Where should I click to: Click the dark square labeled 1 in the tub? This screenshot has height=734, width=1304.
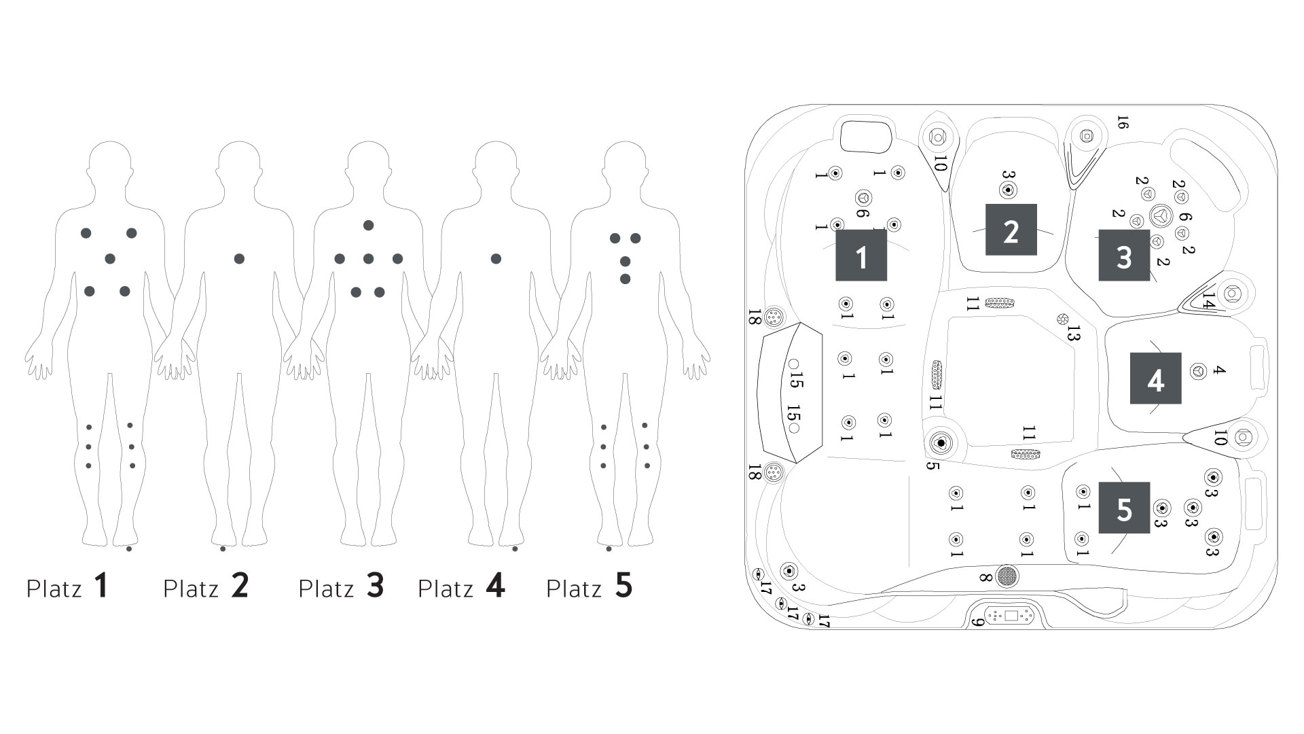861,255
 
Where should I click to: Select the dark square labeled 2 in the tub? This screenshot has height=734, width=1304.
1011,230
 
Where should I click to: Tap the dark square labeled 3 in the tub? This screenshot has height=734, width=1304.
1124,256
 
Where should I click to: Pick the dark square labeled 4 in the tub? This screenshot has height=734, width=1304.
1155,378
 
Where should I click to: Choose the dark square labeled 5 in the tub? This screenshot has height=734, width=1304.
1124,508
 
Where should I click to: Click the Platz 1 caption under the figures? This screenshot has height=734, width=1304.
67,587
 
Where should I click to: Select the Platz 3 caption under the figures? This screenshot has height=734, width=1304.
341,587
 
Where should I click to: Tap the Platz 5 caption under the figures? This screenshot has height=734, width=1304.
590,587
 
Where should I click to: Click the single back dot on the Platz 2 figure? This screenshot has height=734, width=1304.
239,258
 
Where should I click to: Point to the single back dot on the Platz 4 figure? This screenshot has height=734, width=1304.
496,258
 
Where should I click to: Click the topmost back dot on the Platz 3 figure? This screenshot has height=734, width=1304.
368,225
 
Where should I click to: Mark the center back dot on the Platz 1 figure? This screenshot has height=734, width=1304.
110,258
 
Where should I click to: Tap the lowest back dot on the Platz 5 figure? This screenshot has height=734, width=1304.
625,279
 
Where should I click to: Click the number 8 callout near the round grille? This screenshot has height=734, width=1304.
985,578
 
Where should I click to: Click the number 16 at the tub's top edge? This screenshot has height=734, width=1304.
1122,122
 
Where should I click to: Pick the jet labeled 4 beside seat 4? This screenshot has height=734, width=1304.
1199,371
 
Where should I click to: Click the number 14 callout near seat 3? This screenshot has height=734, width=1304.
1208,300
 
